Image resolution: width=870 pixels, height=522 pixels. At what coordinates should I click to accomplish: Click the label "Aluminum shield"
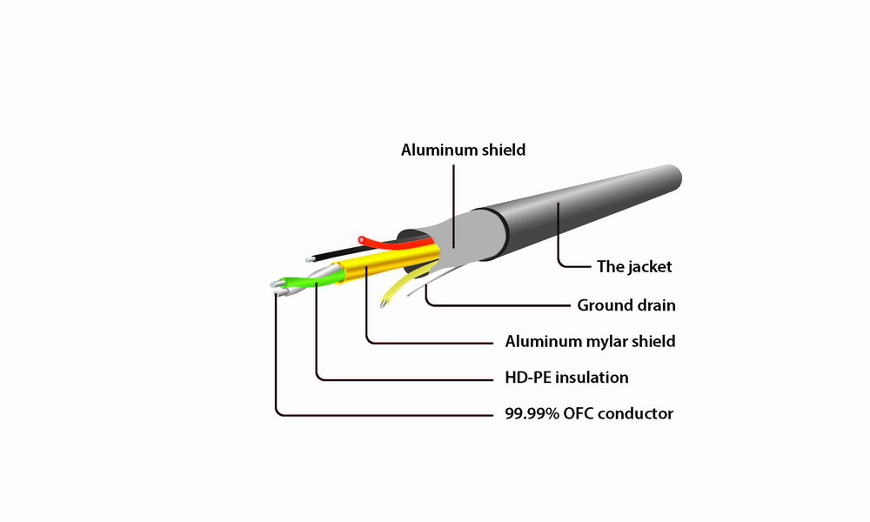tap(463, 150)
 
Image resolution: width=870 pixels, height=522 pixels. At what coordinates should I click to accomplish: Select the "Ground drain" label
tap(626, 305)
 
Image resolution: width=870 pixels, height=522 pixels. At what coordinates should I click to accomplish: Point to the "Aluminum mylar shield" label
tap(590, 341)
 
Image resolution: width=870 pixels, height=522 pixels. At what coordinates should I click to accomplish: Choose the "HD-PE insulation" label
tap(566, 378)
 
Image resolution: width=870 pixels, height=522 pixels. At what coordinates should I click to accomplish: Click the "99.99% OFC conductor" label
tap(588, 414)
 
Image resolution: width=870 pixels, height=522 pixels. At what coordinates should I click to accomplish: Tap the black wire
tap(339, 251)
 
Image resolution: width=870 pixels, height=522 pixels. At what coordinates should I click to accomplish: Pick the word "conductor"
tap(639, 414)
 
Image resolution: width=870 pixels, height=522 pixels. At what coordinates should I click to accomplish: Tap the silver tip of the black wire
tap(311, 259)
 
